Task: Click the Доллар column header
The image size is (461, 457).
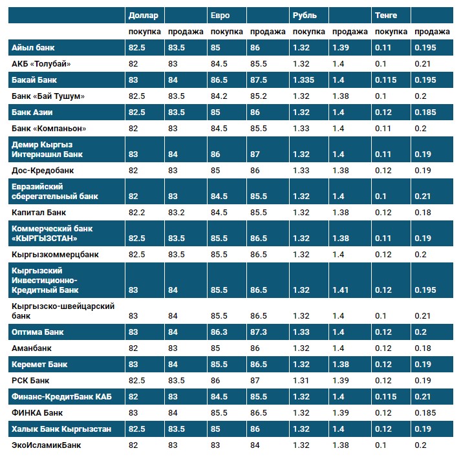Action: (142, 15)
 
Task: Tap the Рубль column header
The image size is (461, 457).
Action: (305, 15)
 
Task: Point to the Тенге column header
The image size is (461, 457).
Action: (386, 15)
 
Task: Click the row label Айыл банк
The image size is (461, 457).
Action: (33, 48)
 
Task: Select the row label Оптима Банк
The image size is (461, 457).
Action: (38, 332)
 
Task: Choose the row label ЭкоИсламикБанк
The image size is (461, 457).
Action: (47, 445)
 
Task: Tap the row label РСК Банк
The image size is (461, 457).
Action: (30, 380)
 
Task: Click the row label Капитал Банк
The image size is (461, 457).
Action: (39, 211)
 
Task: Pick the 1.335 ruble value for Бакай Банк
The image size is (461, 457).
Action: (304, 80)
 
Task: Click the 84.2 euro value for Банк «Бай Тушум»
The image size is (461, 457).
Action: (220, 96)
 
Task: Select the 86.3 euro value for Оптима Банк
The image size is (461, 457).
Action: (220, 332)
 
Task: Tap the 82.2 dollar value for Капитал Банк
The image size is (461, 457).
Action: (138, 211)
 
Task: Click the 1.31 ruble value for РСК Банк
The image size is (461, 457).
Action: (301, 380)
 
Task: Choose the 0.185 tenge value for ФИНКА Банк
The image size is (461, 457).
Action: (424, 412)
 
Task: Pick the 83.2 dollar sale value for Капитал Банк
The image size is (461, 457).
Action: (177, 211)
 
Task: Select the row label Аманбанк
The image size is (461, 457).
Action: (32, 348)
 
